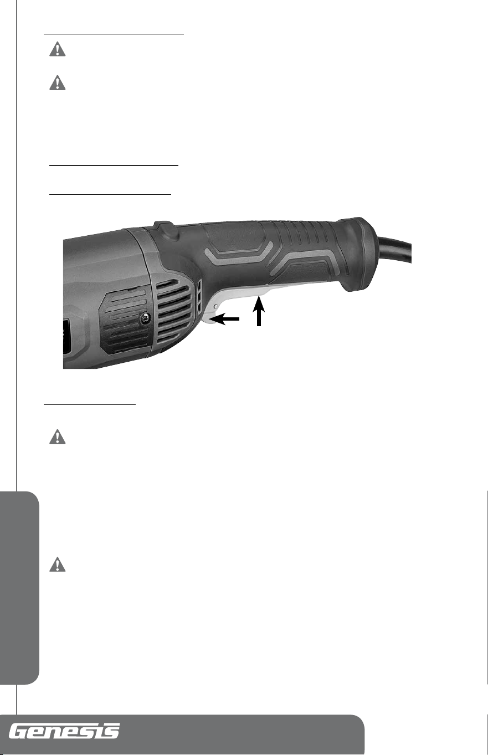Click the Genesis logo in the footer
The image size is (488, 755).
pyautogui.click(x=64, y=731)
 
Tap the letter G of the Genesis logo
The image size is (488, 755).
pyautogui.click(x=19, y=731)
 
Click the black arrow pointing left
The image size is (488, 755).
pyautogui.click(x=224, y=318)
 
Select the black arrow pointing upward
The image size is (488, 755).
pyautogui.click(x=259, y=311)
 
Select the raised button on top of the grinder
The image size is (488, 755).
pyautogui.click(x=164, y=228)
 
